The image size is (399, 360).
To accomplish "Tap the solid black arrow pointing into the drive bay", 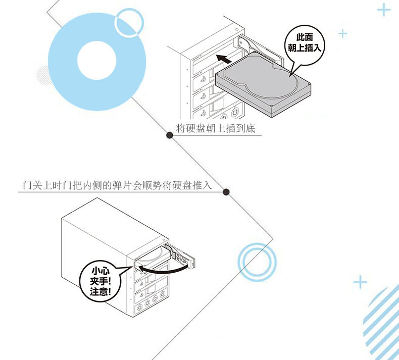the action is [224, 59].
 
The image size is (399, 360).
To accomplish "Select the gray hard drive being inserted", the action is [263, 83].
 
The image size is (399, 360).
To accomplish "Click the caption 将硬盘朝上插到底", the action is [215, 128].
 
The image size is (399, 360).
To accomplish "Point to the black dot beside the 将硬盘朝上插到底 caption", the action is [170, 135].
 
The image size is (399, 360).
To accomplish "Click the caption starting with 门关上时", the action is [117, 185].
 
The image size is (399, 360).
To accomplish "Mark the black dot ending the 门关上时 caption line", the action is [226, 192].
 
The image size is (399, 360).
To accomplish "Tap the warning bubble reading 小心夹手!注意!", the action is [101, 281].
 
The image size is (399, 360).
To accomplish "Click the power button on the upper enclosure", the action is [235, 112].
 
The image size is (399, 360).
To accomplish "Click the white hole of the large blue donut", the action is [96, 61].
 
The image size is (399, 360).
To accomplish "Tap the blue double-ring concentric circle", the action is [239, 262].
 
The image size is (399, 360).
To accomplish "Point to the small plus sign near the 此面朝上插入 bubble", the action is [343, 34].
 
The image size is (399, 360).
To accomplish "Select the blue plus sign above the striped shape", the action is [360, 282].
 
